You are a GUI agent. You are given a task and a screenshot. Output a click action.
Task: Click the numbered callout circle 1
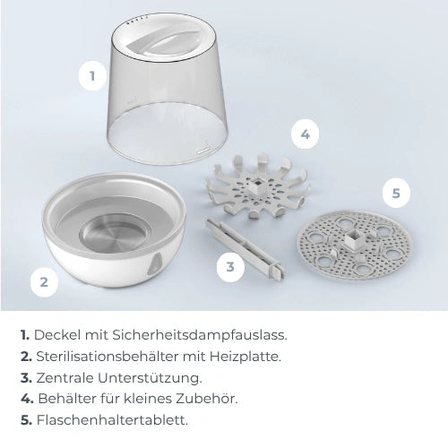tap(92, 76)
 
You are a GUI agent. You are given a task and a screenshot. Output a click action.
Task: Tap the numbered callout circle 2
tap(44, 282)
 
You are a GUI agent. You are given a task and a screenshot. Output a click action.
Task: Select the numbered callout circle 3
tap(230, 267)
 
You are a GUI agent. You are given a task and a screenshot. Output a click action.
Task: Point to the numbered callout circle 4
tap(305, 134)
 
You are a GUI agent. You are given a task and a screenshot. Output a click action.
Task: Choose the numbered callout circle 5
tap(396, 194)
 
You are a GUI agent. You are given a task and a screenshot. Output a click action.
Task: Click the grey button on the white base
tap(153, 263)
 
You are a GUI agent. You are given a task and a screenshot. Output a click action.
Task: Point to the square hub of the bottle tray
tap(354, 239)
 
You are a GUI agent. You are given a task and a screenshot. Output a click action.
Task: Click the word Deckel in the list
tap(57, 335)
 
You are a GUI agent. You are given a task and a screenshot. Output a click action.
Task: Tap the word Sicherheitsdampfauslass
tap(200, 335)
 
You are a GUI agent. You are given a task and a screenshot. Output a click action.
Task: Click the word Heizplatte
tap(246, 357)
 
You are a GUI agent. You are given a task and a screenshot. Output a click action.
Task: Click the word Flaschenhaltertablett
tap(112, 420)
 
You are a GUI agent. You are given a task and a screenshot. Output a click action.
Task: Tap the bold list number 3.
tap(26, 378)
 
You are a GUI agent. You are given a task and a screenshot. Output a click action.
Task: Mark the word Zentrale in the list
tap(65, 378)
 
